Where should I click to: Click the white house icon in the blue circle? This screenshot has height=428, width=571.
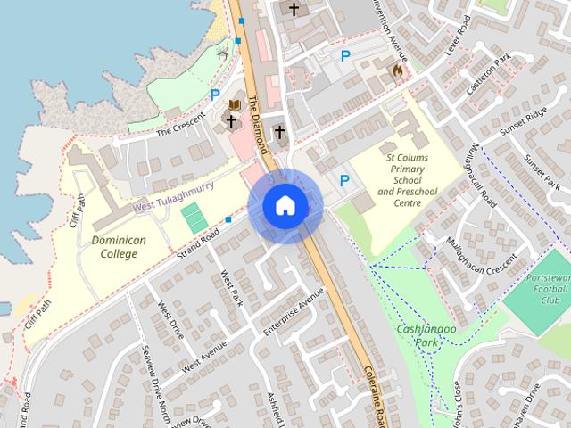coord(285,205)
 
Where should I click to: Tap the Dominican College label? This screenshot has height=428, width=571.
coord(114,247)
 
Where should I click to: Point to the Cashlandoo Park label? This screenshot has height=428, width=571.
coord(426,336)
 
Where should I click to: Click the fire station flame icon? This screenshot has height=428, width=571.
coord(397,69)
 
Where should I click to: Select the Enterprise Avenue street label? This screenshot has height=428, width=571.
coord(294,312)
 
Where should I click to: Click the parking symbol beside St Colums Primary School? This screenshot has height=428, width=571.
coord(343,180)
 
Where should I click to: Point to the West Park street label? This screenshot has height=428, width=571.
coord(230,289)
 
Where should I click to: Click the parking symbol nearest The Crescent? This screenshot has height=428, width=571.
coord(214,94)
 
